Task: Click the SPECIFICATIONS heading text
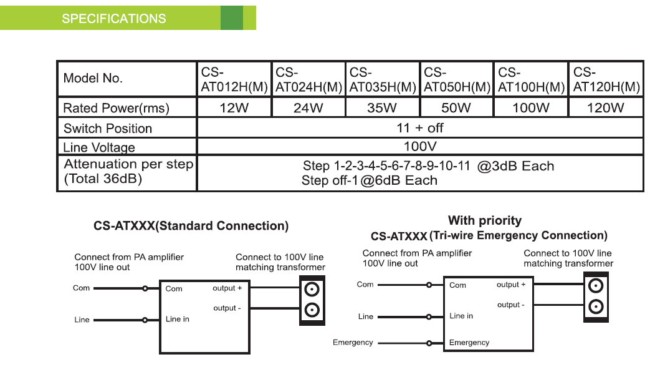[x=113, y=18]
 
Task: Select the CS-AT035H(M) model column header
[x=382, y=79]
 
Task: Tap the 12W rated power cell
[x=234, y=108]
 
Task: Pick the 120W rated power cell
[x=605, y=108]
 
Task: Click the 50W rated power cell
[x=456, y=108]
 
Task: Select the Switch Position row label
[x=108, y=129]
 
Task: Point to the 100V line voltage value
[x=419, y=147]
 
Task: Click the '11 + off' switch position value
[x=419, y=128]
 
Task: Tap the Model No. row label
[x=93, y=79]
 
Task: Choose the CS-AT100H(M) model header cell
[x=531, y=79]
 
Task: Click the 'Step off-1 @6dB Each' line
[x=369, y=180]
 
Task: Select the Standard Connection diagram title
[x=191, y=226]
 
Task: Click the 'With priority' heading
[x=485, y=220]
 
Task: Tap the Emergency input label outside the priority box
[x=353, y=342]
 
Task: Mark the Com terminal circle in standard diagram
[x=145, y=288]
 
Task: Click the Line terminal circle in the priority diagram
[x=429, y=316]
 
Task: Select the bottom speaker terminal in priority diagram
[x=596, y=306]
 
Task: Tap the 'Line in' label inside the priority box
[x=461, y=316]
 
